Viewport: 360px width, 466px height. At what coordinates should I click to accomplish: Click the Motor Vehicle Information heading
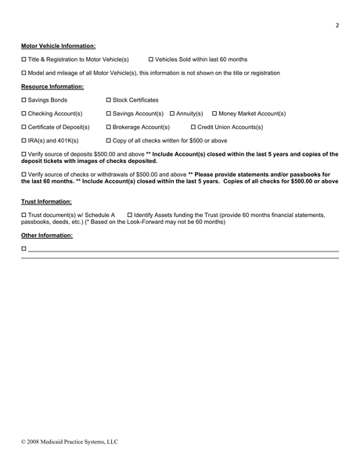(x=58, y=46)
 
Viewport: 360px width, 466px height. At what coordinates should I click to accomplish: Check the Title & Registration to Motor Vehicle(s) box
(x=23, y=60)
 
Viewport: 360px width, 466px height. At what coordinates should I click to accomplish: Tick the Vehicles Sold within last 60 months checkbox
(x=151, y=60)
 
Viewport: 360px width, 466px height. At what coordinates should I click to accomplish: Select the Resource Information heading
(x=52, y=86)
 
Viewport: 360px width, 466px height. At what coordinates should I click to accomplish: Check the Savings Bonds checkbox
(x=23, y=100)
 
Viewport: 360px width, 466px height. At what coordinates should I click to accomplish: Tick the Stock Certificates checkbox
(x=108, y=100)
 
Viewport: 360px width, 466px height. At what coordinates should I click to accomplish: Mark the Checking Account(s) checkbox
(x=23, y=114)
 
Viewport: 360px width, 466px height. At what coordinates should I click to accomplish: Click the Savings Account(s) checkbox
(x=108, y=114)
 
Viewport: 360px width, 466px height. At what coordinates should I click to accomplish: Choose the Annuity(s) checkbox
(x=172, y=114)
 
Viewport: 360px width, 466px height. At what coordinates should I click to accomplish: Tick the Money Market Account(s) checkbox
(x=215, y=114)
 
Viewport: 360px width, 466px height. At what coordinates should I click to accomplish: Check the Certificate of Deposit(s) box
(x=23, y=127)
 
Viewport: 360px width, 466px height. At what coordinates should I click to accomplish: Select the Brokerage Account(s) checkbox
(x=108, y=127)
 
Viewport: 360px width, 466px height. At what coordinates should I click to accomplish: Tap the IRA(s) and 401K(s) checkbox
(x=23, y=140)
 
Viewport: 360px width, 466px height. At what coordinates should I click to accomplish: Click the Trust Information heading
(x=46, y=201)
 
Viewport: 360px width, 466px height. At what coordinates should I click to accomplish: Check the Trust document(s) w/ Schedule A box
(x=23, y=215)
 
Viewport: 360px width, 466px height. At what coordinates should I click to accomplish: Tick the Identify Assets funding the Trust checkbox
(x=130, y=215)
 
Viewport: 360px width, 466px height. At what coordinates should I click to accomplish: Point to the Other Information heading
(x=46, y=235)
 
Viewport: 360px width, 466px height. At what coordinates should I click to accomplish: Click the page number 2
(x=337, y=26)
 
